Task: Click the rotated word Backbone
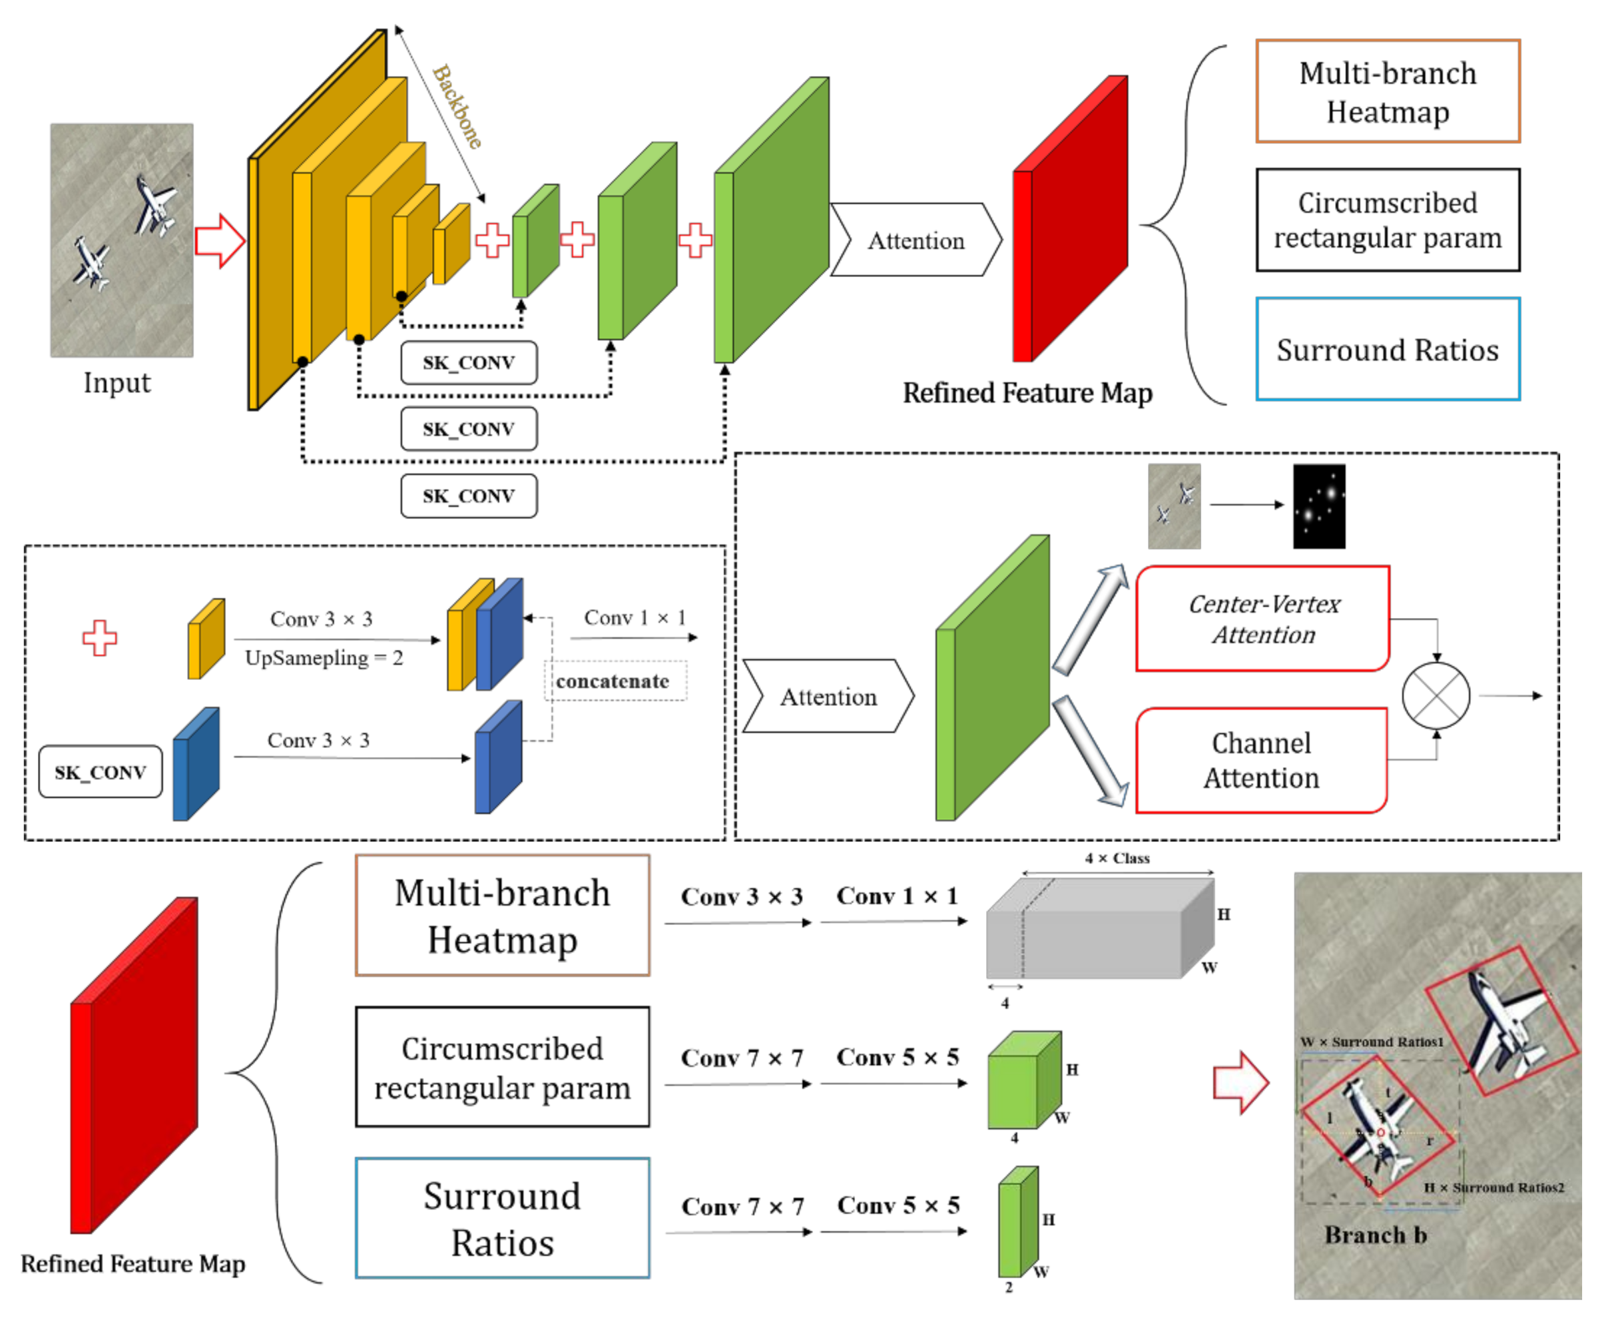(x=457, y=107)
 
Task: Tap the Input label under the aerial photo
(x=117, y=382)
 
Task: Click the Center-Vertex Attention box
(x=1262, y=618)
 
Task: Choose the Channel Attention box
(x=1261, y=760)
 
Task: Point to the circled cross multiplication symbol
(x=1436, y=695)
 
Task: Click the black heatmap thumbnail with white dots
(x=1318, y=505)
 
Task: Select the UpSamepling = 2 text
(x=324, y=658)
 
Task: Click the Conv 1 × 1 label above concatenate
(x=635, y=617)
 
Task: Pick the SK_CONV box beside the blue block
(x=101, y=771)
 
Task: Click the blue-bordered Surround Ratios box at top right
(x=1387, y=350)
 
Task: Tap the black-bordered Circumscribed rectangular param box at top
(x=1387, y=220)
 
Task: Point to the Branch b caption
(x=1375, y=1235)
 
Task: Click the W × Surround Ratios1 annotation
(x=1372, y=1042)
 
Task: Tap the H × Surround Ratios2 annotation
(x=1493, y=1187)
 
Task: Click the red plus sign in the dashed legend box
(x=100, y=637)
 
